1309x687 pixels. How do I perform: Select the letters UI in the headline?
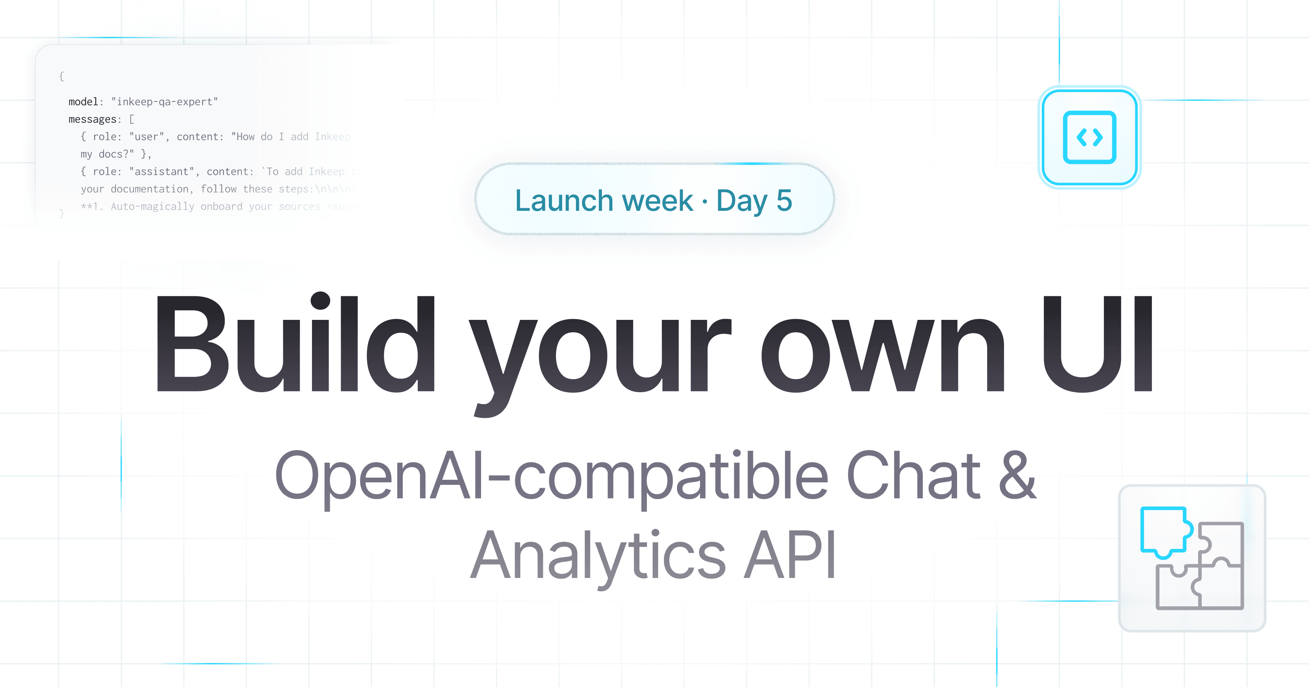pos(1098,345)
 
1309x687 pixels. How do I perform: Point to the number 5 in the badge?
pos(784,200)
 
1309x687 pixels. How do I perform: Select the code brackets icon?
pos(1089,137)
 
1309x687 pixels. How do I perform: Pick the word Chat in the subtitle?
pos(913,475)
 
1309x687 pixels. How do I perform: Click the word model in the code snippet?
pos(83,102)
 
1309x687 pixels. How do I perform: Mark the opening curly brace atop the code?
pos(61,76)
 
